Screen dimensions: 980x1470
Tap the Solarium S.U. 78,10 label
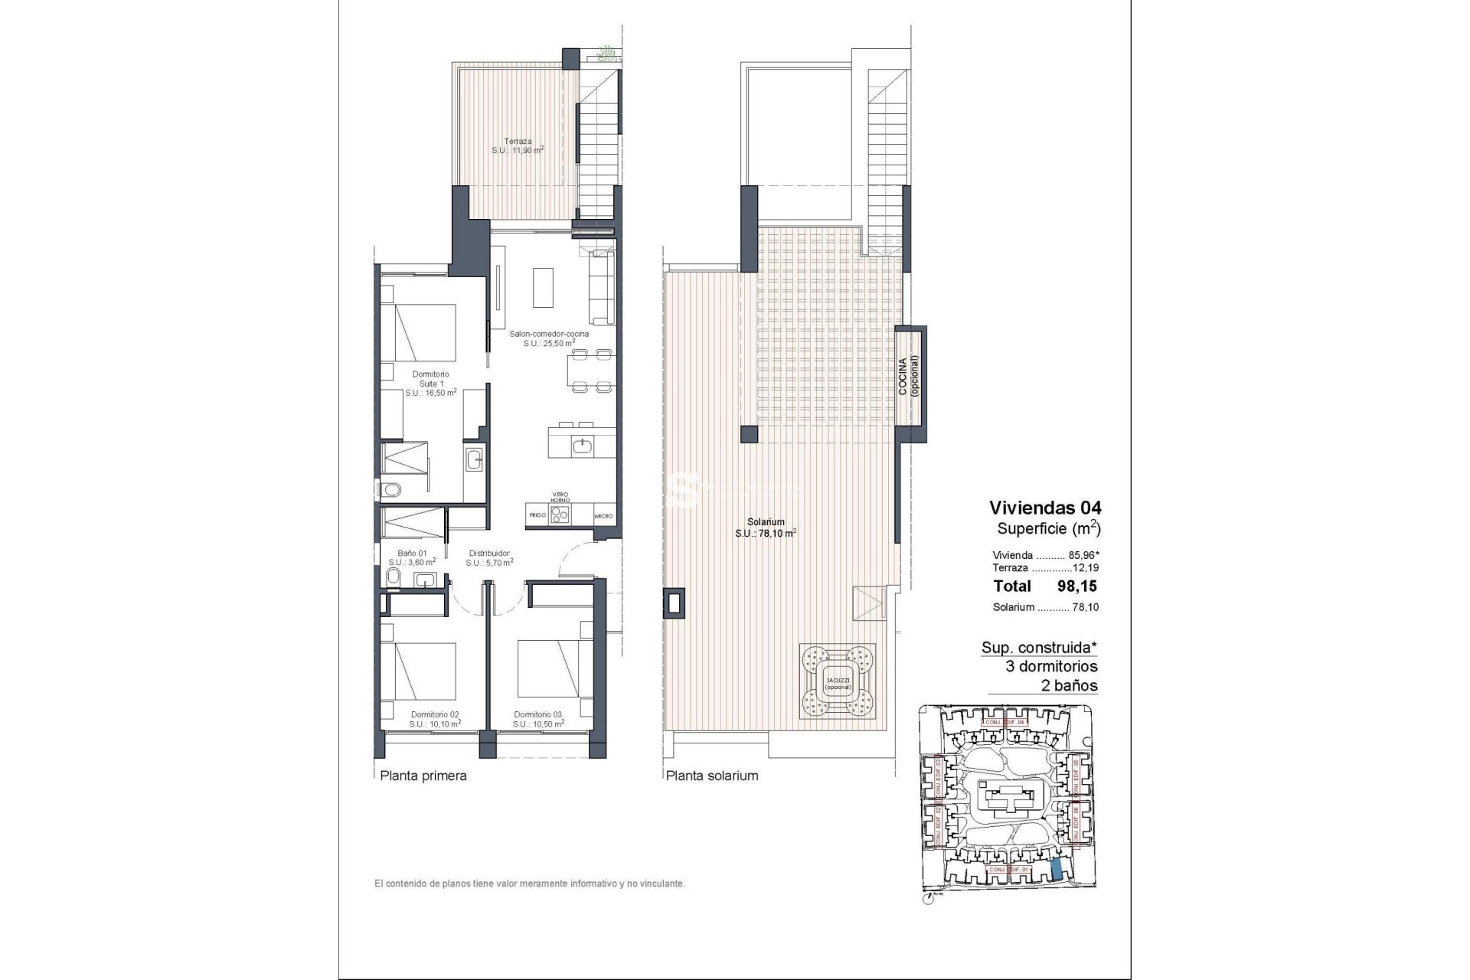click(x=765, y=528)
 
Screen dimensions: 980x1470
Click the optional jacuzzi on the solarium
click(x=838, y=681)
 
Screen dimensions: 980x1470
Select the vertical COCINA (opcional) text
click(x=908, y=376)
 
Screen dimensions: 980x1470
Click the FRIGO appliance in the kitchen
click(x=537, y=515)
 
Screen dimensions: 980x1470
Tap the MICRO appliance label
click(x=603, y=516)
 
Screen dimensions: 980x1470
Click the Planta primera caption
click(x=423, y=776)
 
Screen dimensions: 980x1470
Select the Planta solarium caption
click(x=712, y=776)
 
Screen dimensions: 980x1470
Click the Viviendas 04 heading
click(x=1045, y=508)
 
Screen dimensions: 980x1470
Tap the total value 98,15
click(x=1076, y=586)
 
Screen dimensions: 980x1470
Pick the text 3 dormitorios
click(x=1051, y=666)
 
